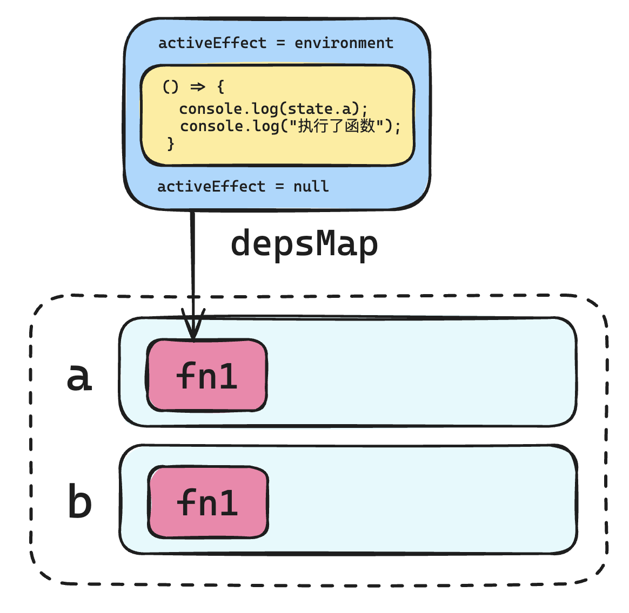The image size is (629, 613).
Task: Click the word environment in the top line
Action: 344,43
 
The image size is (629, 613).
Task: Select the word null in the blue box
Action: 311,186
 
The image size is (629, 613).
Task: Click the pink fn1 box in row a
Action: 206,375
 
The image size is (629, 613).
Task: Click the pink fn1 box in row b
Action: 208,502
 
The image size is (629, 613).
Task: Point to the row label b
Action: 80,500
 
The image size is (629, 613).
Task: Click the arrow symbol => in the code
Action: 198,86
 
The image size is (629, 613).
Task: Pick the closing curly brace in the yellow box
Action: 171,144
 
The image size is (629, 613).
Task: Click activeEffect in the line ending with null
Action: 211,186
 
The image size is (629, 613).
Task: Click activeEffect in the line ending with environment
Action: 212,43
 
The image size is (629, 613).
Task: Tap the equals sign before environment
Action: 281,43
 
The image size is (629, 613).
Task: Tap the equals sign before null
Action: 279,187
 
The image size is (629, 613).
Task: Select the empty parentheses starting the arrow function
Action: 170,86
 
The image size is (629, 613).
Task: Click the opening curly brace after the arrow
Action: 220,86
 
